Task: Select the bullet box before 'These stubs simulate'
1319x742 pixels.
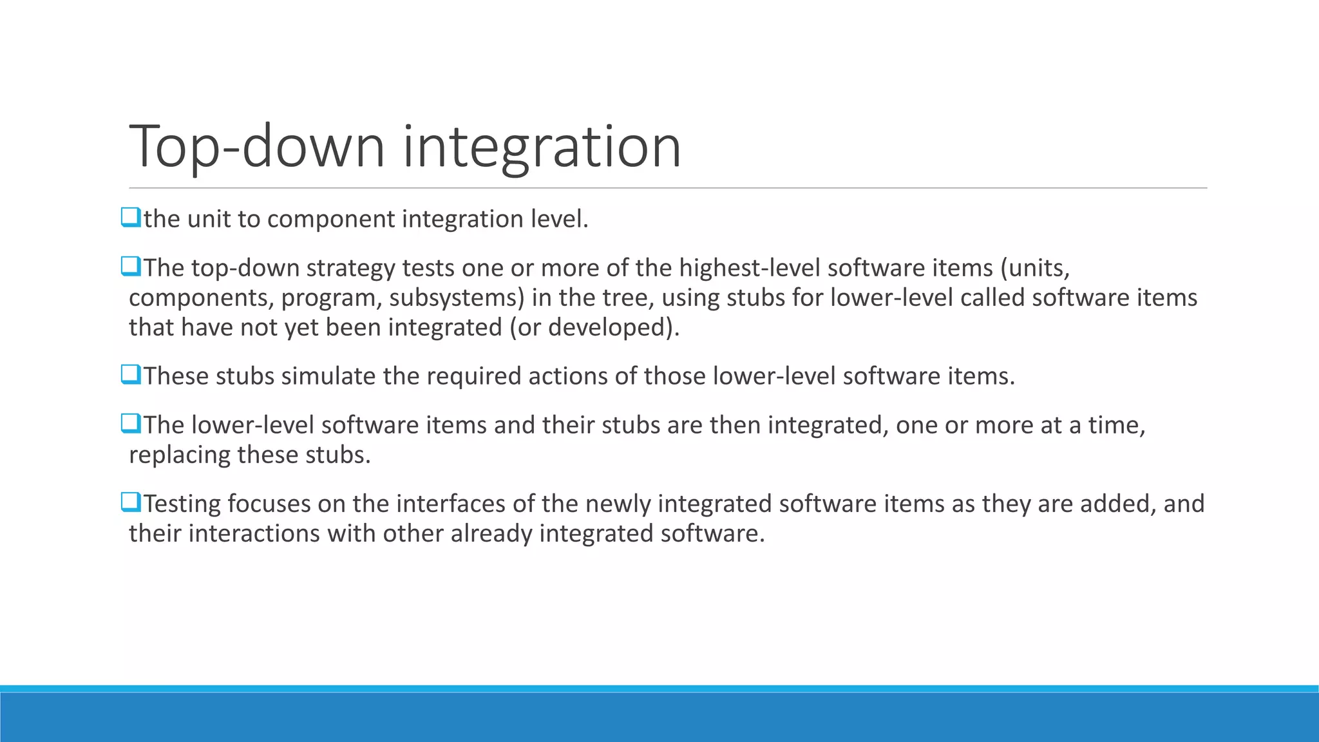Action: (130, 375)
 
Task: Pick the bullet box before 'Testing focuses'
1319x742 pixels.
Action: (130, 502)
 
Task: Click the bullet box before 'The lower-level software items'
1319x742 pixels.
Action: (130, 424)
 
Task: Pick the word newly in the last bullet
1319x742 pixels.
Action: (618, 504)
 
